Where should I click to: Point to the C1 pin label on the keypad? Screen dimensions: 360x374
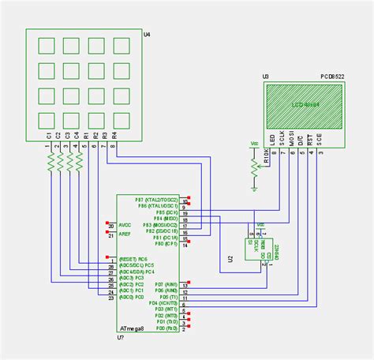pos(49,135)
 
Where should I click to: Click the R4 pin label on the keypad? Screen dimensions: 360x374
pos(114,135)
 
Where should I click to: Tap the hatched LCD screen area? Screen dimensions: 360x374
pos(305,103)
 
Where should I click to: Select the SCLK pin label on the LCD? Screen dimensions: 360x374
pos(282,138)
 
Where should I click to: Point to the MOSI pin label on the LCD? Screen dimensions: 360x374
pos(292,138)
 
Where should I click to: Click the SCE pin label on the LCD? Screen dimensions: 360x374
pos(320,138)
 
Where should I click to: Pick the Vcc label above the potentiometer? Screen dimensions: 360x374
pos(253,144)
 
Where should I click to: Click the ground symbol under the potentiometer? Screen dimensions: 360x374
pos(253,188)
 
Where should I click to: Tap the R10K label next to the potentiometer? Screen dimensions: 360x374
pos(266,160)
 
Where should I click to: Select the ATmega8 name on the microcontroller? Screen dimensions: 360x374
pos(131,326)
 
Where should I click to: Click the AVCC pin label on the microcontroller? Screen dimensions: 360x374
pos(125,226)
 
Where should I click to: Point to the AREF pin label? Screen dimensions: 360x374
pos(125,234)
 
